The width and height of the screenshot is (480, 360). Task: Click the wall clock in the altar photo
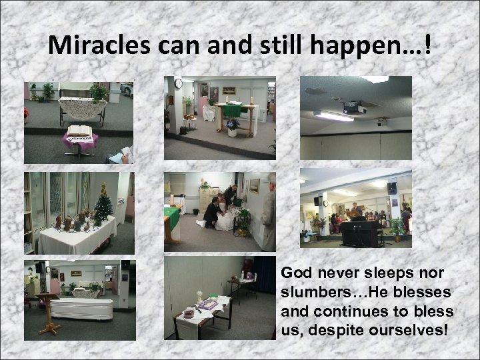tap(178, 83)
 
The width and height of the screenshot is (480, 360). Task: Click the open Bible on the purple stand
tap(79, 131)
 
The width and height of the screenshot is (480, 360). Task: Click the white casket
tap(81, 309)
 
